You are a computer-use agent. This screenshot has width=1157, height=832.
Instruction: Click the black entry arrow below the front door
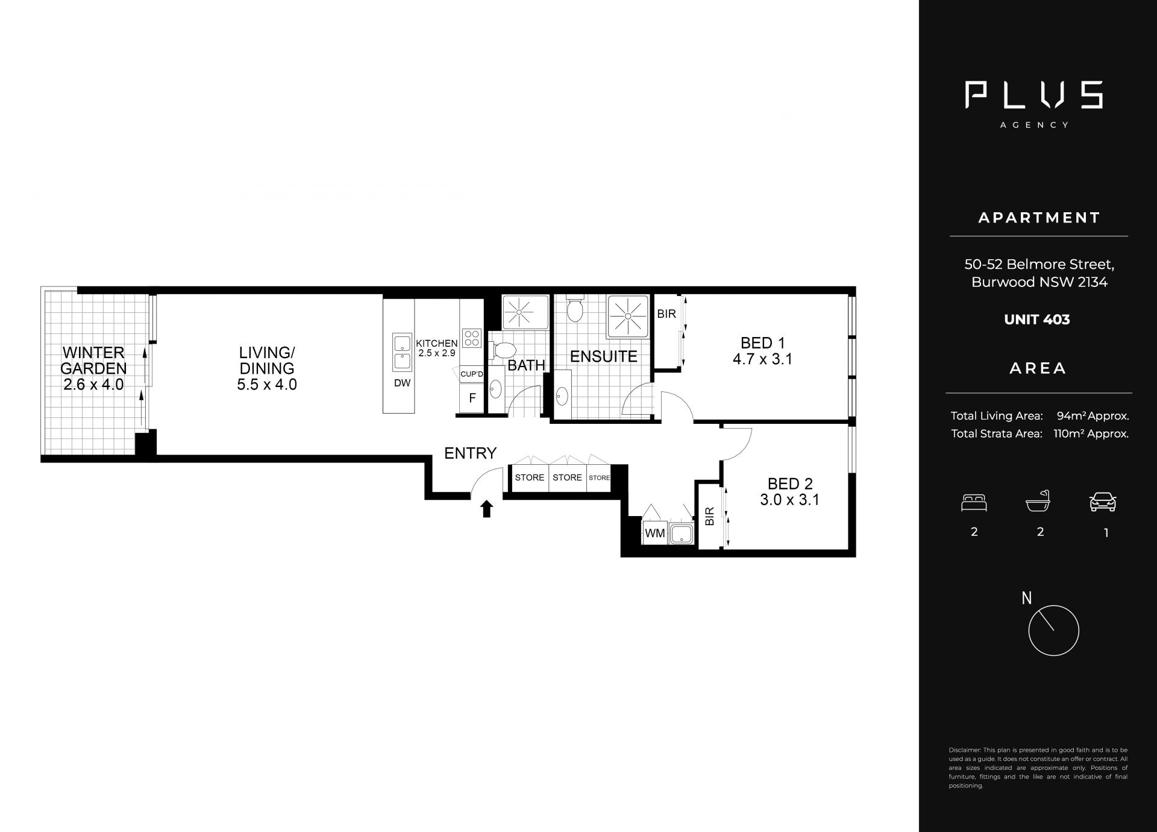click(487, 509)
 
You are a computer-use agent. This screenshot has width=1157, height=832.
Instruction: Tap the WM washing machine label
click(655, 534)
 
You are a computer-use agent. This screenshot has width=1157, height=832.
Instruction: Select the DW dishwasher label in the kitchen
click(402, 383)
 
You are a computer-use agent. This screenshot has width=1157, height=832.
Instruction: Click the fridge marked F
click(472, 398)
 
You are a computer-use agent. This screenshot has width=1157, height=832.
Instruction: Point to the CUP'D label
click(472, 374)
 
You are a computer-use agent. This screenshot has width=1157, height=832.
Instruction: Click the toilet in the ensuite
click(575, 309)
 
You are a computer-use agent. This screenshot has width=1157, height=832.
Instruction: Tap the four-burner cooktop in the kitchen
click(472, 338)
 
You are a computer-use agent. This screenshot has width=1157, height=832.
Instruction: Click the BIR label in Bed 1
click(666, 314)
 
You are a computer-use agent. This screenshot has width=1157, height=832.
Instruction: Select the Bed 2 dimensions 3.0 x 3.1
click(790, 500)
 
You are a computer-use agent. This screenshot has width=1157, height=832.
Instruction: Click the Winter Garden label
click(94, 361)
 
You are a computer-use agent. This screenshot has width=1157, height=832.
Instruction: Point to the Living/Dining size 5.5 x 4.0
click(267, 385)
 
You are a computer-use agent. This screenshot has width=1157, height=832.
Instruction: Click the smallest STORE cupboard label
click(600, 478)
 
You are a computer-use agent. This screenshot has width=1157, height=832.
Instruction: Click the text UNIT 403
click(1037, 320)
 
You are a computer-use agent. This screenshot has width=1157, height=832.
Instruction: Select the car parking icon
click(1103, 502)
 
